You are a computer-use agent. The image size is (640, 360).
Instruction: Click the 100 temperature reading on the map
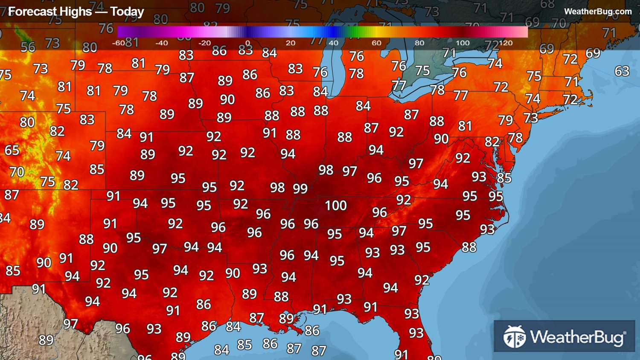tap(336, 206)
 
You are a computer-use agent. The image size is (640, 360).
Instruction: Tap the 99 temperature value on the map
tap(300, 189)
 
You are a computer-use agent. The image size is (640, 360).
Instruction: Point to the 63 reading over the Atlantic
tap(622, 71)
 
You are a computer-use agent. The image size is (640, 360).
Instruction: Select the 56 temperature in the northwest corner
tap(28, 47)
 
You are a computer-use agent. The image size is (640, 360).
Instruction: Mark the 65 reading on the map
tap(12, 150)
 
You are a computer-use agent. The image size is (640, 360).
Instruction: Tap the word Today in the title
tap(127, 12)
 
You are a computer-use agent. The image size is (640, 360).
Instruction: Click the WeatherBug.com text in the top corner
tap(598, 12)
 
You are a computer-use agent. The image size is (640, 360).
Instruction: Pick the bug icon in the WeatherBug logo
tap(514, 337)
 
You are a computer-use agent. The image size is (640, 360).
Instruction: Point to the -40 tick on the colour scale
tap(161, 43)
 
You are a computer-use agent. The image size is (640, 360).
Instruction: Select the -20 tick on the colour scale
tap(204, 43)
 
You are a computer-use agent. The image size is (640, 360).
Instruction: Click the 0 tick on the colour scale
tap(247, 43)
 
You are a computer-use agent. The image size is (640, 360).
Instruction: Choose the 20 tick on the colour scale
tap(291, 43)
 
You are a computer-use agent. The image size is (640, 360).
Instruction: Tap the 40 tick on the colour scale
tap(334, 43)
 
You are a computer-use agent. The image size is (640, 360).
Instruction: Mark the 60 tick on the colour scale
tap(376, 43)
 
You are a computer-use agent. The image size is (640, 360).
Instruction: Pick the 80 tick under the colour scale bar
tap(419, 43)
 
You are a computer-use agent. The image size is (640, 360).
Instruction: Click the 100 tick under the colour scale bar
tap(463, 43)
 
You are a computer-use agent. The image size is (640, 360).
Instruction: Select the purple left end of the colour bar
tap(122, 32)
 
